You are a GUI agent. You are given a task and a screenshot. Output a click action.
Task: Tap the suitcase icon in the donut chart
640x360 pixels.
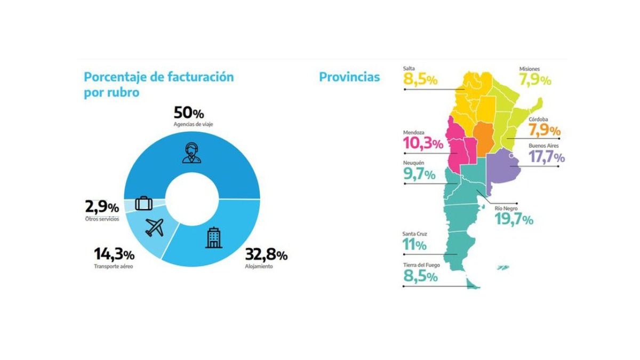tap(144, 203)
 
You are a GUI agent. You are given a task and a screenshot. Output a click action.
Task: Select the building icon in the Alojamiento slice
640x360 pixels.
tap(213, 238)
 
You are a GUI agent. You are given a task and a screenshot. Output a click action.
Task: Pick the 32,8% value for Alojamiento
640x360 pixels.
tap(266, 254)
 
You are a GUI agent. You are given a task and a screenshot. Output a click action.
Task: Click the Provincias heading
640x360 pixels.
tap(349, 77)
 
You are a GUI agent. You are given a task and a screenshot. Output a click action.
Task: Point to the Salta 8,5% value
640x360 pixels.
tap(421, 80)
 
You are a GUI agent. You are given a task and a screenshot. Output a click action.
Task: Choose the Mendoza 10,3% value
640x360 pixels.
tap(423, 143)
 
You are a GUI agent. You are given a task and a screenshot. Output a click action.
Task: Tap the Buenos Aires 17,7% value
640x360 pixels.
tap(547, 157)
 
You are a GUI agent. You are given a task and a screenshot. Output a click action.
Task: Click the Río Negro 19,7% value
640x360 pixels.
tap(514, 219)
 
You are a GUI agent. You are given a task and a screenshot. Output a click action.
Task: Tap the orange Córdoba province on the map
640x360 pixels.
tap(484, 137)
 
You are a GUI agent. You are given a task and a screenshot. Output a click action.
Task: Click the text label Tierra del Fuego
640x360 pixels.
tap(421, 265)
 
